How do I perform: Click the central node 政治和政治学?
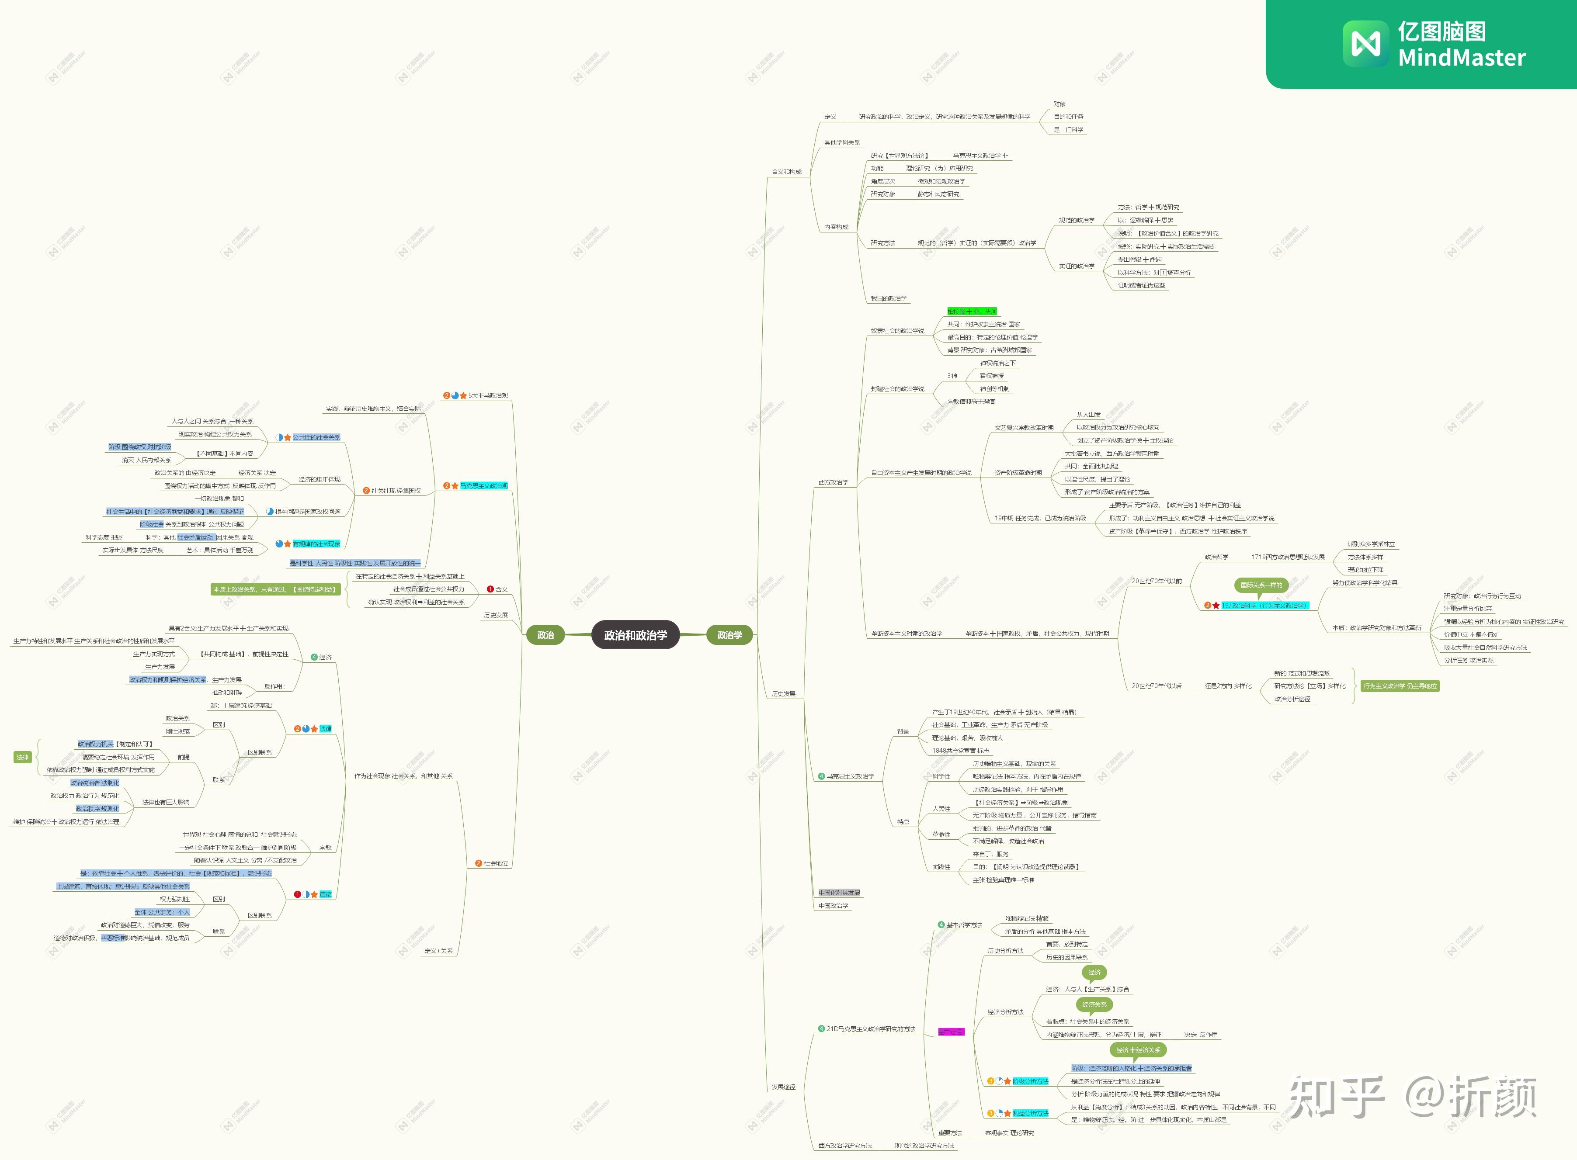click(x=635, y=635)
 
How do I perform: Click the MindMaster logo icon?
click(x=1365, y=44)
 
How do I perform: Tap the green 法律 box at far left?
click(x=22, y=757)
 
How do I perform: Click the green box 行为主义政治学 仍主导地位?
click(x=1399, y=686)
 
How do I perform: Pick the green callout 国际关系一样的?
click(x=1261, y=585)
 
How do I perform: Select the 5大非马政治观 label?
click(x=487, y=395)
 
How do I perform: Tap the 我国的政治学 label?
click(x=889, y=298)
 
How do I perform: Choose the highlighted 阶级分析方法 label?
click(x=1030, y=1081)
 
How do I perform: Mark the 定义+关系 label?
click(x=438, y=951)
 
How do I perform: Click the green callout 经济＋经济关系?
click(x=1138, y=1050)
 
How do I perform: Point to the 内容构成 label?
click(x=836, y=227)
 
